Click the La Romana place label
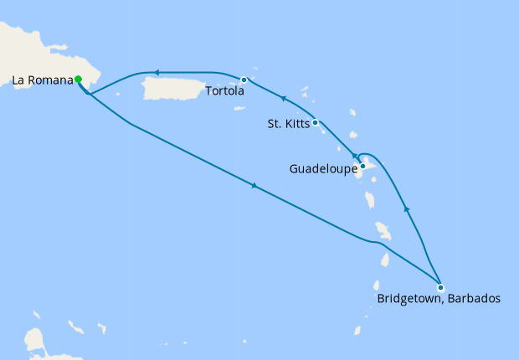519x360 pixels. pos(41,80)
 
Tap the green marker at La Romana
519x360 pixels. pos(78,80)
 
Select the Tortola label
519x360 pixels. pos(223,91)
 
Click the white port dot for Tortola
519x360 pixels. pos(244,80)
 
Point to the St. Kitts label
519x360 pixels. pos(287,124)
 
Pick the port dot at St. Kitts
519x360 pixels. pos(315,123)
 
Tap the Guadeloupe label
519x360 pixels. pos(322,169)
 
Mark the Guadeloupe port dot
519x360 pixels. pos(362,166)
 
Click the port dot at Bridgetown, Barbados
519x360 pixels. pos(440,287)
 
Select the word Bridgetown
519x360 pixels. pos(410,299)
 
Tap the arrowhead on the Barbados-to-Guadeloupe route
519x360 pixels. pos(407,208)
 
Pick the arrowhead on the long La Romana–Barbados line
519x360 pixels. pos(253,186)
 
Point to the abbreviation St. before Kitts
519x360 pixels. pos(275,124)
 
